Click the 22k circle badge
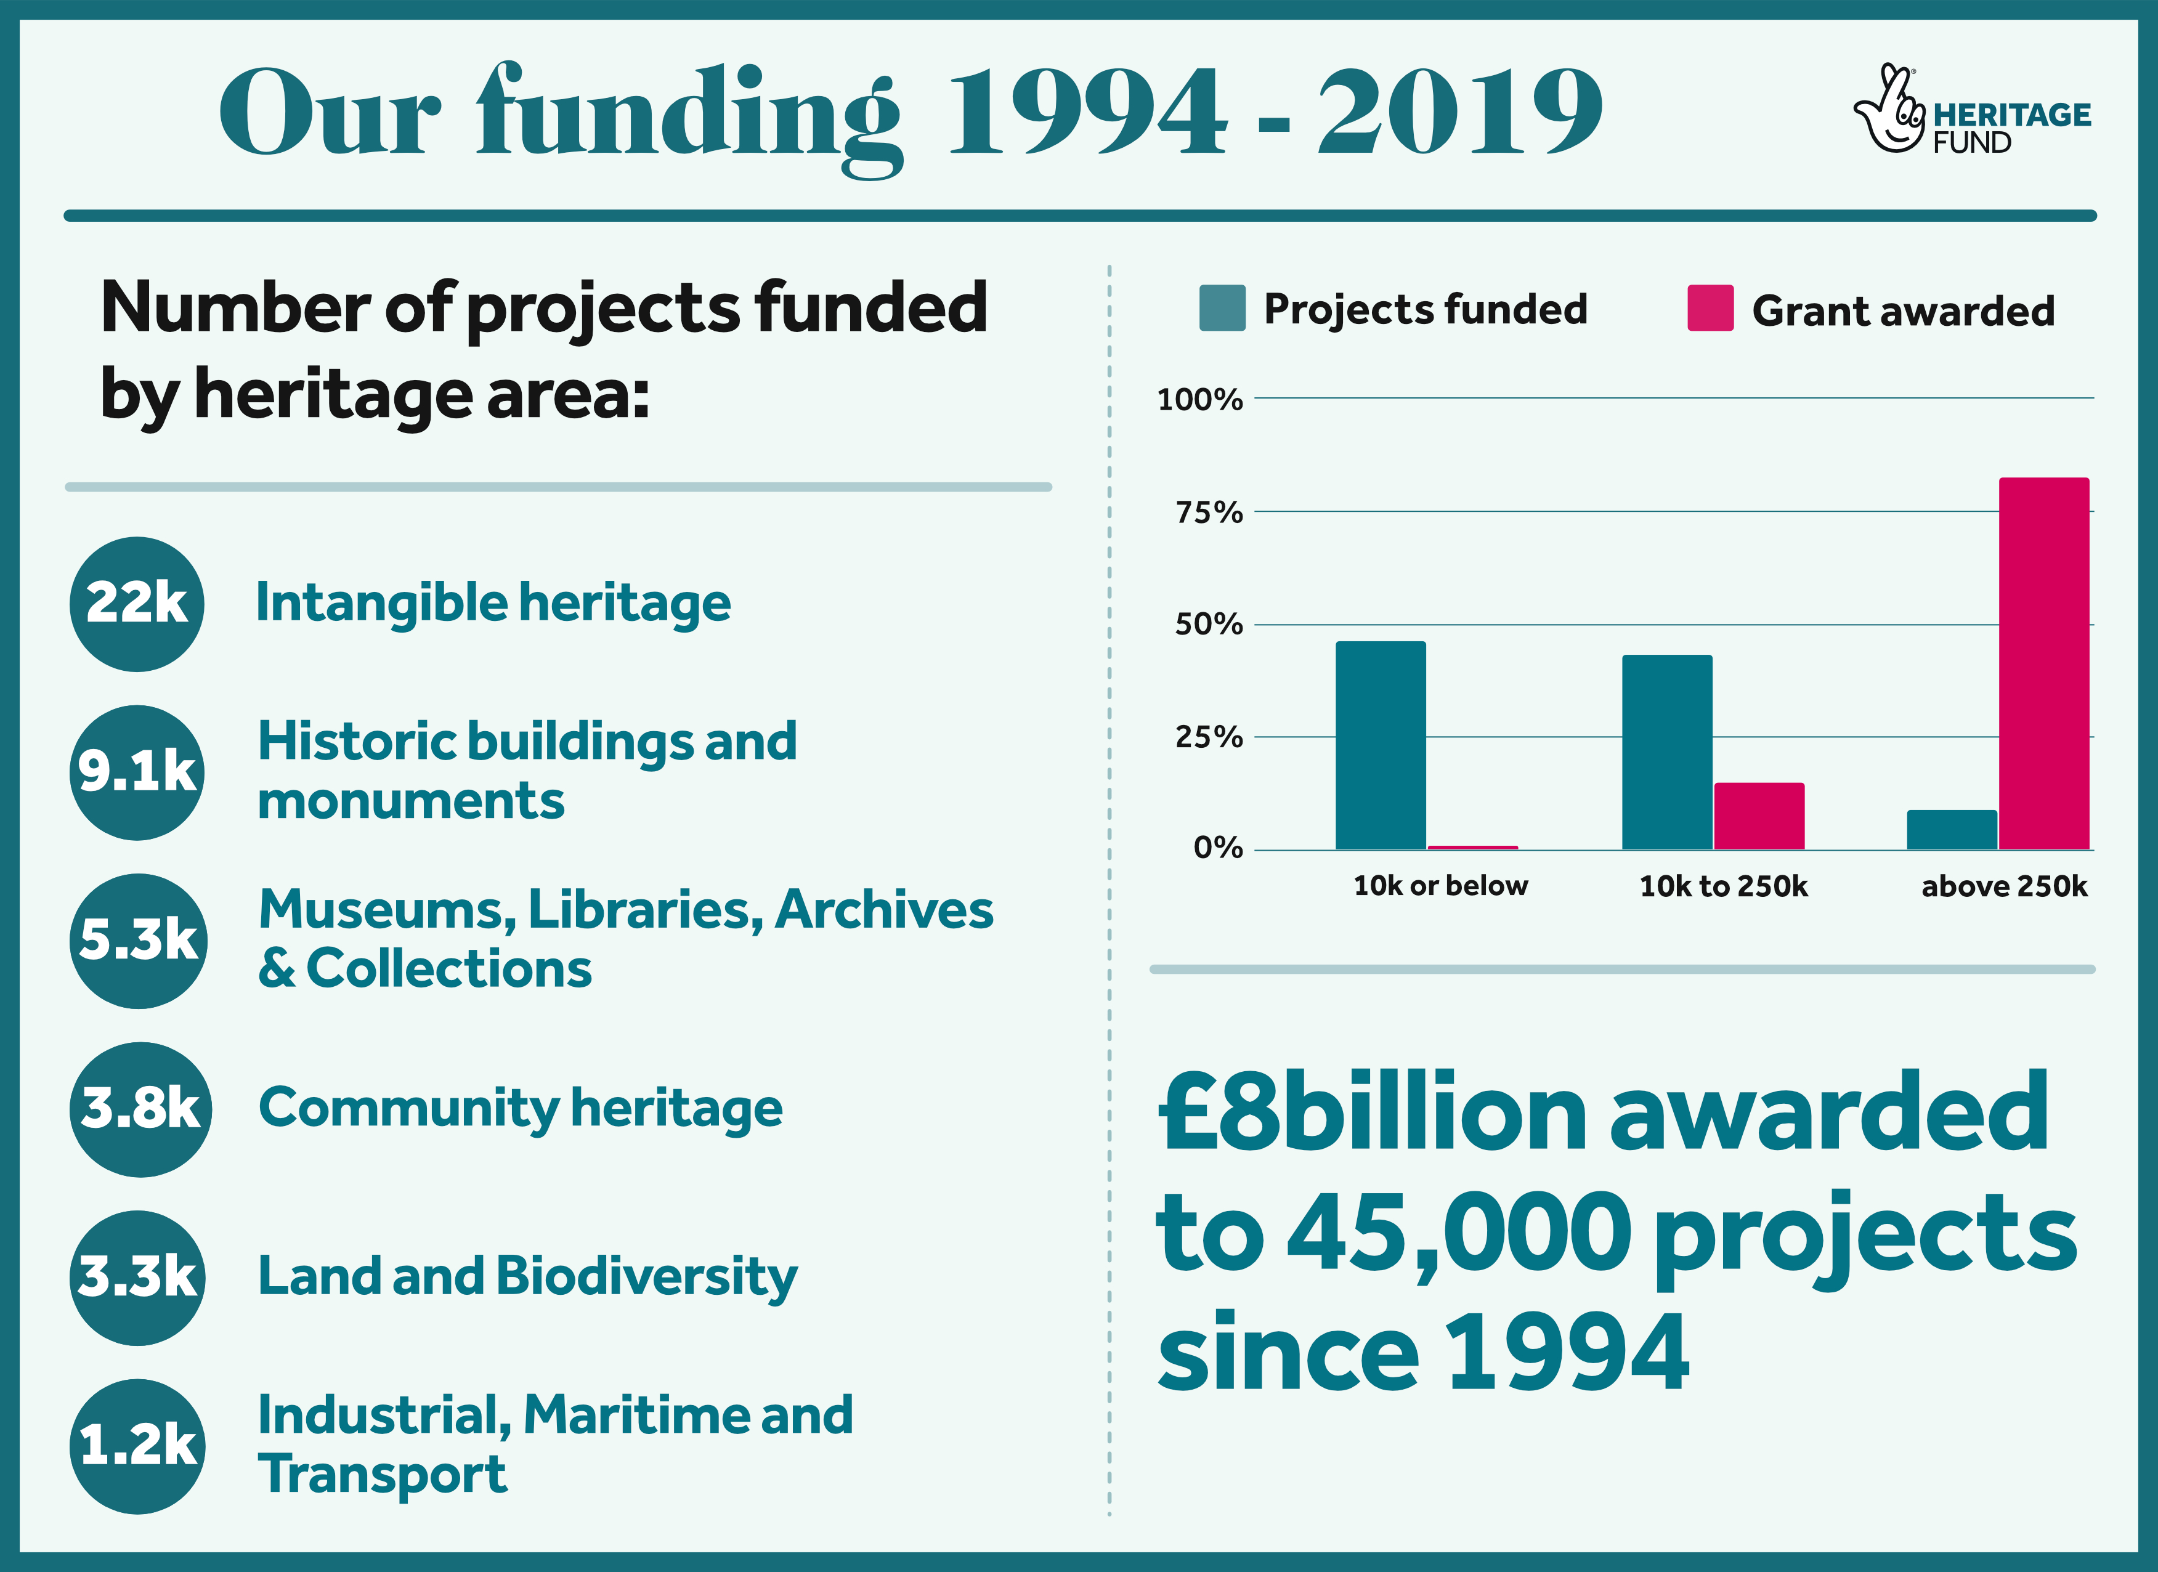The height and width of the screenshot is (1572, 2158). click(137, 604)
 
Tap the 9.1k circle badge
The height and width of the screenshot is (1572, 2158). click(137, 772)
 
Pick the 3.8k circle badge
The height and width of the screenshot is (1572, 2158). click(140, 1109)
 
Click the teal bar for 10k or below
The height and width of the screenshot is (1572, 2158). click(1381, 745)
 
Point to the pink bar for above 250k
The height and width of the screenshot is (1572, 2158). click(2044, 663)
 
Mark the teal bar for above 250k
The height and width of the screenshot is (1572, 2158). click(1952, 830)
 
